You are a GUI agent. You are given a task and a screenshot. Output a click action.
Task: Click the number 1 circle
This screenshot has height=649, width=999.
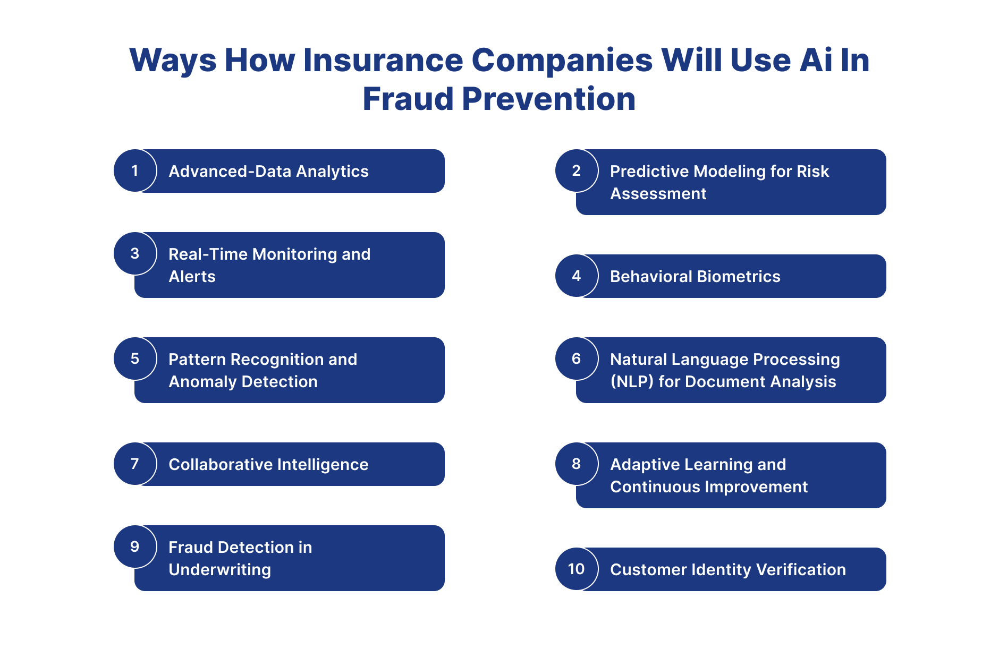135,170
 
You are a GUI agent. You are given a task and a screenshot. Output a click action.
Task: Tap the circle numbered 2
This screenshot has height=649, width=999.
577,170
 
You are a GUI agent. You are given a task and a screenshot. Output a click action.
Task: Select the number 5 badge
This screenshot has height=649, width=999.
135,358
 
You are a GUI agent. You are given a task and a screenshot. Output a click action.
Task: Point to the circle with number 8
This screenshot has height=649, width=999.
577,464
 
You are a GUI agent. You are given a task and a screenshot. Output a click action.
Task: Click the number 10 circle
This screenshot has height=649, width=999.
577,569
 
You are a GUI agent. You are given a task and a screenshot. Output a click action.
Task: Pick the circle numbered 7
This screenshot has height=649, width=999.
135,464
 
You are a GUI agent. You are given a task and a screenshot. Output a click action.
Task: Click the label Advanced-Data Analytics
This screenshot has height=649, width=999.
268,172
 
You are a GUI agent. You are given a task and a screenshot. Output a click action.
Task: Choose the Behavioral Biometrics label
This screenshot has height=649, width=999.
695,277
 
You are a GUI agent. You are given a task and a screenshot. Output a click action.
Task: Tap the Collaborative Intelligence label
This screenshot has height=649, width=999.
268,465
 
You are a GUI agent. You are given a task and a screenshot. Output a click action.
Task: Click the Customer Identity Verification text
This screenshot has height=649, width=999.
727,570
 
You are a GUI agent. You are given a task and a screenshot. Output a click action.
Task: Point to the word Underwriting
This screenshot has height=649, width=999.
219,570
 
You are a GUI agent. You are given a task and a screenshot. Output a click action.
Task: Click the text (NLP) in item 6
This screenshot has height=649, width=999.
632,382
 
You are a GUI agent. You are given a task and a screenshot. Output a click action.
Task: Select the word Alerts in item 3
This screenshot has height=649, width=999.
192,277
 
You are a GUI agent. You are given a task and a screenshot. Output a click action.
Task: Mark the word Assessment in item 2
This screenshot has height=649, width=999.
658,194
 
